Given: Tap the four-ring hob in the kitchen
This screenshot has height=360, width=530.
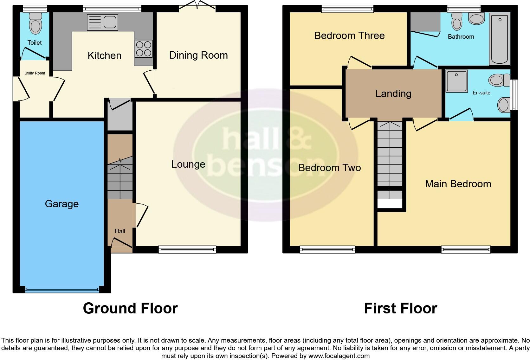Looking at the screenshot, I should tap(143, 49).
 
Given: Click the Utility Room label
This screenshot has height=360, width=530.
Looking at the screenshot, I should tap(35, 73).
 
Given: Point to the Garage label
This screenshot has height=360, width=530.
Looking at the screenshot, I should tap(62, 204).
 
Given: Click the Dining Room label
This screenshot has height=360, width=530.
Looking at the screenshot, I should tap(198, 55).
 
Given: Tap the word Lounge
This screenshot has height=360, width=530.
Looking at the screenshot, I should tap(188, 164).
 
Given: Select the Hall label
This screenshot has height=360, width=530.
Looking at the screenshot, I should tap(120, 231).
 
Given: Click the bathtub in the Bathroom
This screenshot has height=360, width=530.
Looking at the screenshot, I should tap(499, 39).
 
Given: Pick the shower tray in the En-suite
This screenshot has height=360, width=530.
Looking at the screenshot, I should tap(456, 81).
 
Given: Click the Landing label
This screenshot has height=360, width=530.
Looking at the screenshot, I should tap(393, 93).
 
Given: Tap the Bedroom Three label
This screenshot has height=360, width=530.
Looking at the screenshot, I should tap(349, 35).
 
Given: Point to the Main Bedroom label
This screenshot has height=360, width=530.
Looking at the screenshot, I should tap(458, 184).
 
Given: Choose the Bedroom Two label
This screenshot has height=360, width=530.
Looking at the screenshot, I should tap(330, 168).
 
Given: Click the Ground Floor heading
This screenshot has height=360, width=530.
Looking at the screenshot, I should tap(130, 308).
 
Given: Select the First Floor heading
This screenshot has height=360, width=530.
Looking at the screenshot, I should tap(400, 308).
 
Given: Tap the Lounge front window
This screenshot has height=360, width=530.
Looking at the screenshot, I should tap(187, 250).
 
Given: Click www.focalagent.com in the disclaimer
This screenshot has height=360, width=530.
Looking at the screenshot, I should tap(339, 356).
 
